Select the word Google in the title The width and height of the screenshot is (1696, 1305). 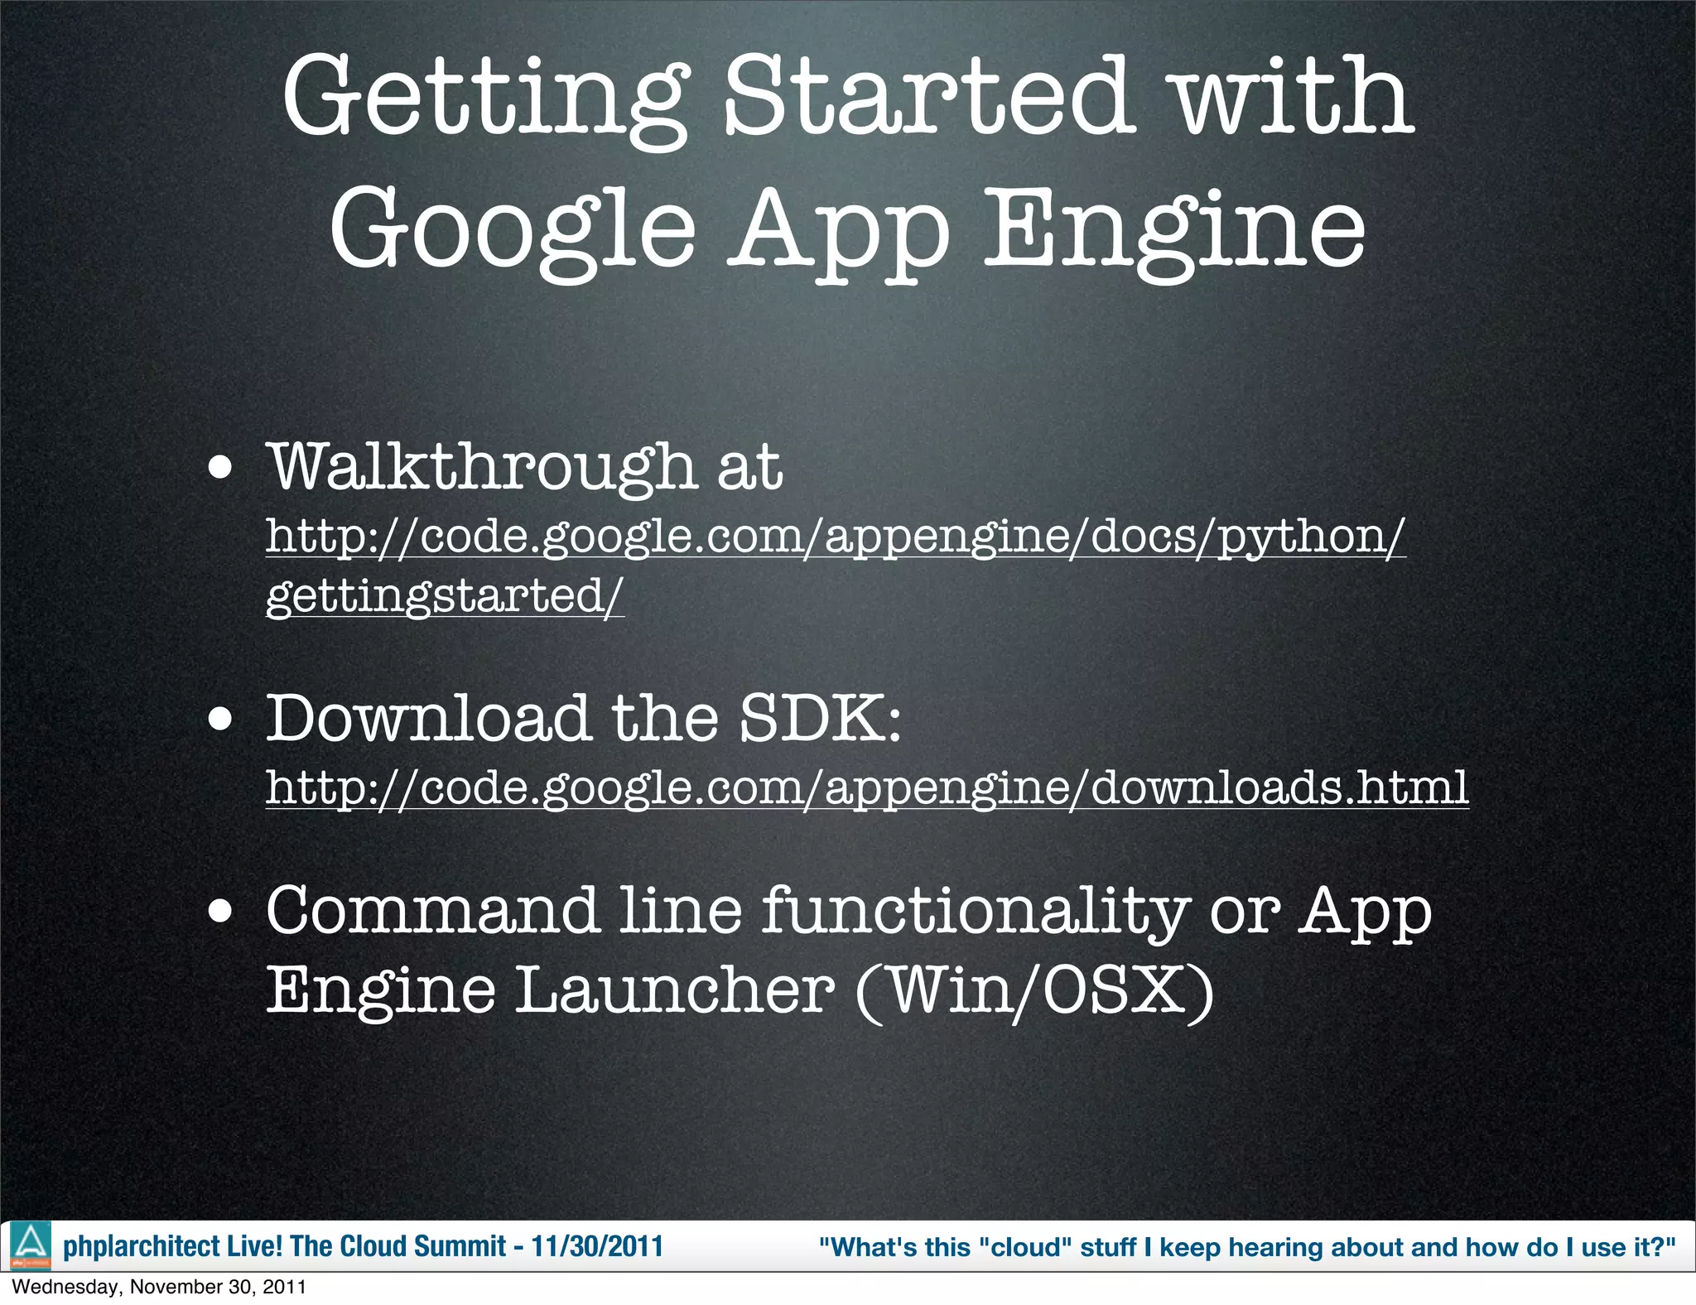click(512, 229)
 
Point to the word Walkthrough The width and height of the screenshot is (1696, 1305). click(482, 468)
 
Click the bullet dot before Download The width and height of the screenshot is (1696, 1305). click(220, 719)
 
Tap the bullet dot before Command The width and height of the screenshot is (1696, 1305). click(220, 912)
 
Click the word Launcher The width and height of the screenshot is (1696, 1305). click(674, 990)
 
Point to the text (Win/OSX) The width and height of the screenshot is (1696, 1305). click(1035, 990)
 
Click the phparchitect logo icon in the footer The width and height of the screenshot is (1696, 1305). click(31, 1245)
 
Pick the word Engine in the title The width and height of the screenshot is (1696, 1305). click(1174, 229)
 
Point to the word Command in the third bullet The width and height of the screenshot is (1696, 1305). click(431, 912)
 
